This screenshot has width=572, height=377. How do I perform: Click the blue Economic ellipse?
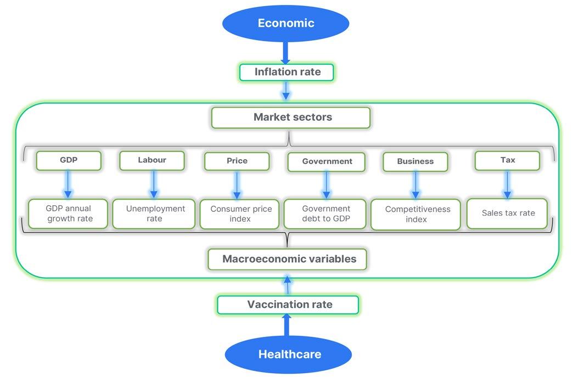[x=285, y=23]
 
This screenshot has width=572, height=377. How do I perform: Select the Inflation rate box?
[x=287, y=72]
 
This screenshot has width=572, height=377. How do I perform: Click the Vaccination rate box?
[x=288, y=305]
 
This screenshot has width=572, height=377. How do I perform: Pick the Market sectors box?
[x=291, y=117]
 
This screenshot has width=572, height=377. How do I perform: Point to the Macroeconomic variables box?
[x=289, y=259]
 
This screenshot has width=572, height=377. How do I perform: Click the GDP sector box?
[x=69, y=160]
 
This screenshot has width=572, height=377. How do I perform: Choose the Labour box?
[x=152, y=160]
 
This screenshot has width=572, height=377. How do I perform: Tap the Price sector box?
[x=237, y=161]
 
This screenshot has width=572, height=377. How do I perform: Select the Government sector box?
[x=327, y=161]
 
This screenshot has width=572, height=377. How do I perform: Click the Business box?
[x=415, y=161]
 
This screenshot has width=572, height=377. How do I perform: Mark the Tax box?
[x=507, y=160]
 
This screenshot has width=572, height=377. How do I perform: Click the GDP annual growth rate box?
[x=69, y=213]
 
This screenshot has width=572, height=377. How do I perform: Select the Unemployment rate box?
[x=154, y=213]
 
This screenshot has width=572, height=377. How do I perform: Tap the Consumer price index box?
[x=240, y=214]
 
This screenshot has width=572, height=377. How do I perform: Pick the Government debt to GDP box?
[x=326, y=213]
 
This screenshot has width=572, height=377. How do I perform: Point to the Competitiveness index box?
[x=416, y=214]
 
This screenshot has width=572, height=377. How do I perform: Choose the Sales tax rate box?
[x=507, y=213]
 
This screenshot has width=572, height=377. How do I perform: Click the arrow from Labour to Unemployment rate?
[x=154, y=184]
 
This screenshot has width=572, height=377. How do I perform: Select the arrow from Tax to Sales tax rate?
[x=507, y=184]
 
